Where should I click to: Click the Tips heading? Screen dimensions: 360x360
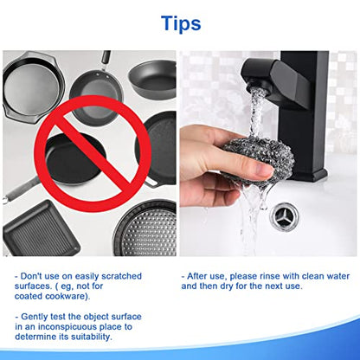click(181, 23)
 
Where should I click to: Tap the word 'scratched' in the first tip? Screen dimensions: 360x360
click(121, 276)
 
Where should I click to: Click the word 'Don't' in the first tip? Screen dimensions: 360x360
click(32, 276)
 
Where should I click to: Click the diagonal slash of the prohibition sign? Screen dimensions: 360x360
click(93, 153)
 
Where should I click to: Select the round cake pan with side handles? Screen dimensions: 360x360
click(33, 87)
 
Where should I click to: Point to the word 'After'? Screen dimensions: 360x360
click(197, 276)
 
